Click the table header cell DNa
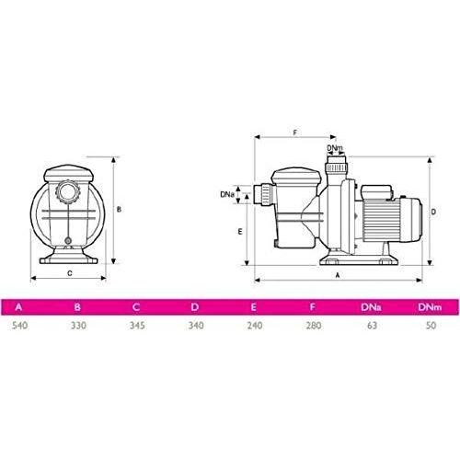coord(371,307)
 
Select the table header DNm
coord(430,307)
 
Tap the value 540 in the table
coord(20,326)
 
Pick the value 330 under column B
coord(78,326)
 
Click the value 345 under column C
coord(137,326)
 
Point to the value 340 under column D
coord(196,326)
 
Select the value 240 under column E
coord(255,326)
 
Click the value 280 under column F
coord(314,326)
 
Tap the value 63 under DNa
coord(372,326)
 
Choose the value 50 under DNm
coord(431,326)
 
